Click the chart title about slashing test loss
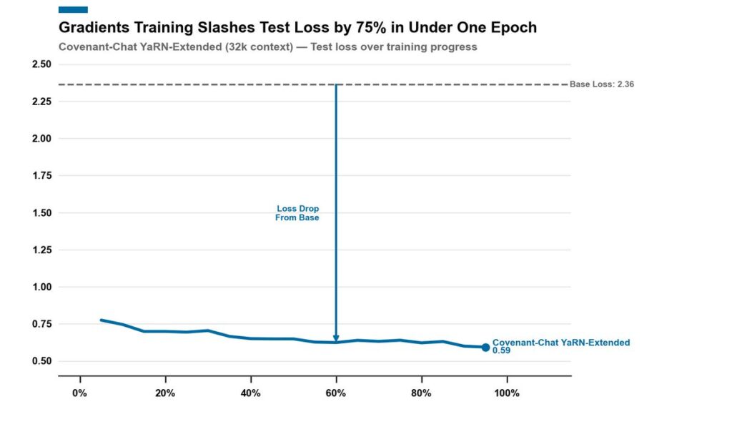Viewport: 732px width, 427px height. (x=297, y=28)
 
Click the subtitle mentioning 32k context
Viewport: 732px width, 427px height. (x=267, y=47)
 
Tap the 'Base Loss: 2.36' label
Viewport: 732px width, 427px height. (x=602, y=84)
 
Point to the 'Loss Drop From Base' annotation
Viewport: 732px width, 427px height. (x=297, y=213)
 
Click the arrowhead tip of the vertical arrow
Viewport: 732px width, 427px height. (x=335, y=340)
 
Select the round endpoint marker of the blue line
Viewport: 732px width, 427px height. (x=485, y=348)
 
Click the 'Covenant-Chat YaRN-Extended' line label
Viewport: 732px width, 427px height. (x=561, y=343)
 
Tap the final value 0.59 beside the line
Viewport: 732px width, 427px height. (x=501, y=351)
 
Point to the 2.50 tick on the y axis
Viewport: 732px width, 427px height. (x=41, y=64)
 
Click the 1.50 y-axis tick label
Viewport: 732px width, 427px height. (x=41, y=213)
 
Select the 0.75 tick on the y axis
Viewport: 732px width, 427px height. (x=41, y=324)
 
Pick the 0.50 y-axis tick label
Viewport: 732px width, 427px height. (x=41, y=361)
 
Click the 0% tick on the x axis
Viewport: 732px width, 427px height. (x=80, y=393)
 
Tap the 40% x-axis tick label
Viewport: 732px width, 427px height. (x=250, y=393)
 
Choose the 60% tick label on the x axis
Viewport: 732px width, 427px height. (x=335, y=393)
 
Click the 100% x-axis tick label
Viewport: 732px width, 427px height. (x=506, y=393)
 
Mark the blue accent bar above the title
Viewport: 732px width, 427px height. (x=73, y=9)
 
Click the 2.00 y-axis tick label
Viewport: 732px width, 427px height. (x=41, y=139)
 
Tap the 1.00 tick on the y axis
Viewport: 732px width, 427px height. (x=41, y=287)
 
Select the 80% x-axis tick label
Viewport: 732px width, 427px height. (x=421, y=393)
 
